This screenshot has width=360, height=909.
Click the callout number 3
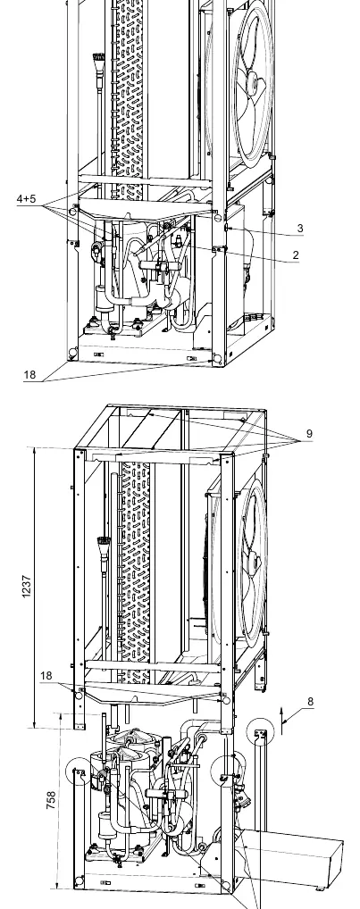tap(300, 228)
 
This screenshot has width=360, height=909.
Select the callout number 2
tap(296, 254)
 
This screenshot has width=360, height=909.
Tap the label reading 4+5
tap(26, 199)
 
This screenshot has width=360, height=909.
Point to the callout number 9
tap(309, 433)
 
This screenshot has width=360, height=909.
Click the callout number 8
tap(310, 702)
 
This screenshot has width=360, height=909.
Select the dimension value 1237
tap(26, 587)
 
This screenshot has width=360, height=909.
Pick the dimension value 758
tap(51, 801)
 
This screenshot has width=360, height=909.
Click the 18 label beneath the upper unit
tap(29, 374)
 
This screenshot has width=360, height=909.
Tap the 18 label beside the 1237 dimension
tap(46, 675)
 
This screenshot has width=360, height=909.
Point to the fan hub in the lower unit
tap(254, 561)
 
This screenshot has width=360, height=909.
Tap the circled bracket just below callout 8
tap(260, 733)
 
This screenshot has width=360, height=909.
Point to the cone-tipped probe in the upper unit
tap(99, 61)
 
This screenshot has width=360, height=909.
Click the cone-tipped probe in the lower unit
tap(104, 545)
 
